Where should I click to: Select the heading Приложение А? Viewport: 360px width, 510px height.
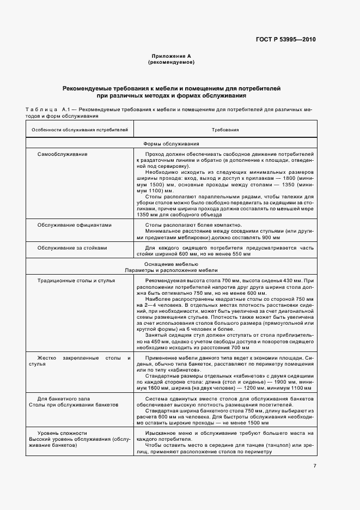171,57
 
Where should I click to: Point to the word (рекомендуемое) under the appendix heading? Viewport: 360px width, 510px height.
171,63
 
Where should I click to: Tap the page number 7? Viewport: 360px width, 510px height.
314,465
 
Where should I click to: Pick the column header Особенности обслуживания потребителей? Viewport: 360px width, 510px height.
80,131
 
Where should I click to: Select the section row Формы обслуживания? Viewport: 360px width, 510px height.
170,144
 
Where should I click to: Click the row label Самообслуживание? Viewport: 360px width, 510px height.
62,154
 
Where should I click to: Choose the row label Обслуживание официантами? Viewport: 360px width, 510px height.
74,225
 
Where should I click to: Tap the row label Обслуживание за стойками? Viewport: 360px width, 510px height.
72,248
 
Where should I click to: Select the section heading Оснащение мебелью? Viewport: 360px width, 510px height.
170,264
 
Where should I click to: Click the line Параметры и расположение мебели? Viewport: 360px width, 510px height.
170,270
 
